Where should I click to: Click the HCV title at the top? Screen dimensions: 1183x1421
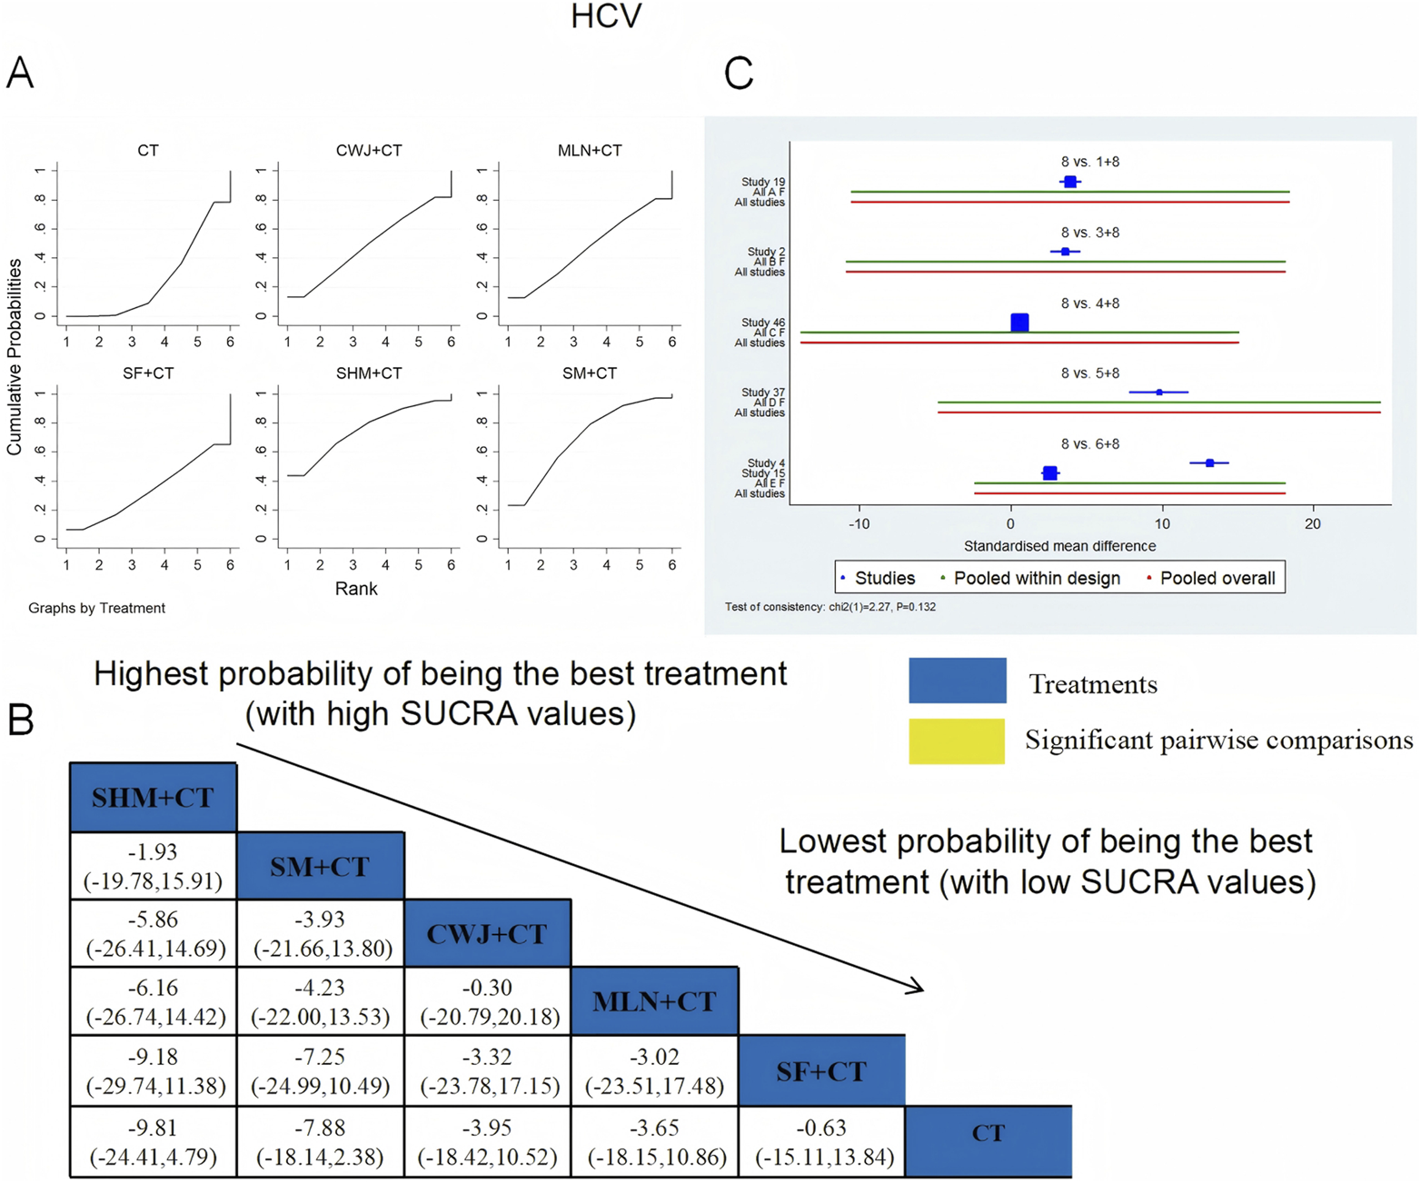(x=606, y=17)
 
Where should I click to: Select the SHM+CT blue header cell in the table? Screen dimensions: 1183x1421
(x=153, y=797)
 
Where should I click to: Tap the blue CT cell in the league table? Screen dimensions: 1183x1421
(x=989, y=1133)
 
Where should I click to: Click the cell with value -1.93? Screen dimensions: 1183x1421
(x=153, y=866)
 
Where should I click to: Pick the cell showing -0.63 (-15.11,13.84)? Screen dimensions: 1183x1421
(x=821, y=1141)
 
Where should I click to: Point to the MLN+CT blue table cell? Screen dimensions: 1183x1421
(x=654, y=1001)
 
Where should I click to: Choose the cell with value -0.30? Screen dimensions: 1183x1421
(x=487, y=1001)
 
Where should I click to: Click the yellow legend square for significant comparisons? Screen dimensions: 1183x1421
(x=957, y=741)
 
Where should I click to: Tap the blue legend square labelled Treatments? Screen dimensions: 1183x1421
(x=957, y=681)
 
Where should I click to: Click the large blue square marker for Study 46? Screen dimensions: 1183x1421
(x=1019, y=323)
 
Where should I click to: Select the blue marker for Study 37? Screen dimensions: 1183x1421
(x=1158, y=393)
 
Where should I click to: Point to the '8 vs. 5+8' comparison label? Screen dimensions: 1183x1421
(x=1089, y=373)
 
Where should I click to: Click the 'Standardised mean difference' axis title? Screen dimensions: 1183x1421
(x=1059, y=546)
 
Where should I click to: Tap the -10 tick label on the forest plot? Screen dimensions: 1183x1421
(x=859, y=524)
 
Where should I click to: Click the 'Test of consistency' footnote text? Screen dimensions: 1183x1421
(x=830, y=607)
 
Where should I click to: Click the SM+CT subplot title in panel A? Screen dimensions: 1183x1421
(x=589, y=373)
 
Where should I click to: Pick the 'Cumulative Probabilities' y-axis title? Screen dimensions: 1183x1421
(x=15, y=356)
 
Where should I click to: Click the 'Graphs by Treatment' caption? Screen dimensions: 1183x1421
(x=96, y=608)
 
